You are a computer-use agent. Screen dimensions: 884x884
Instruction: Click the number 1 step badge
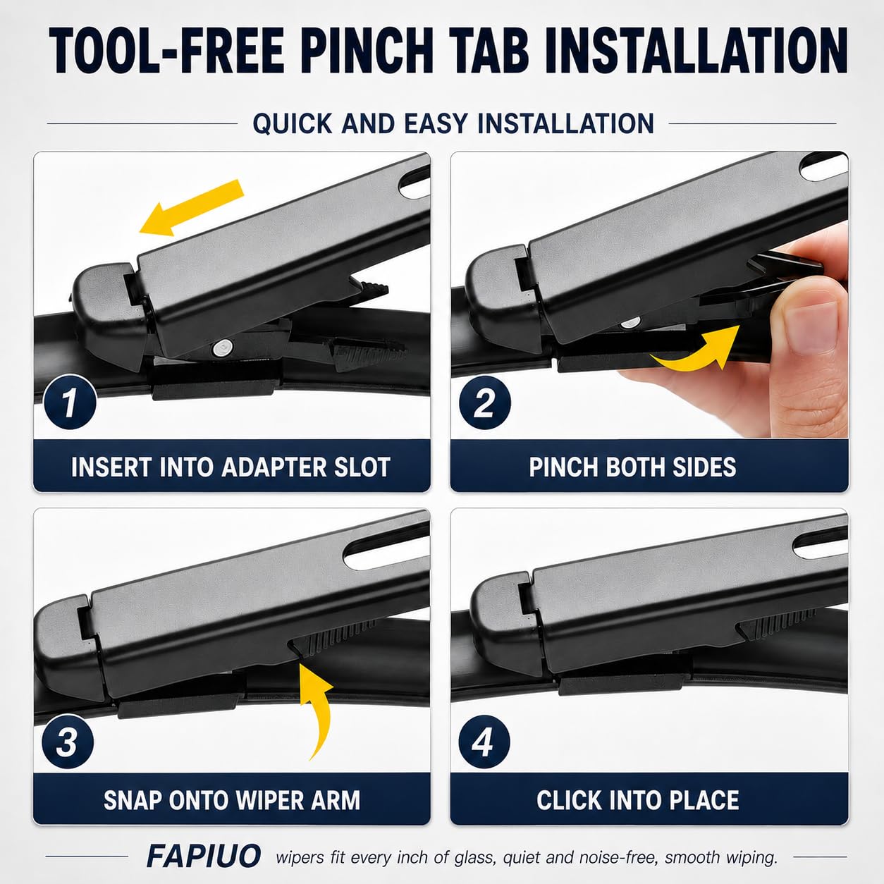70,403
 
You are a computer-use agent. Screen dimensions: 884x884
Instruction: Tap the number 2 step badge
484,403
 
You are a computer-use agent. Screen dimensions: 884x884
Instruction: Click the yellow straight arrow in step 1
191,207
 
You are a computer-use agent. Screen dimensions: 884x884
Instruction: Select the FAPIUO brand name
203,856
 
